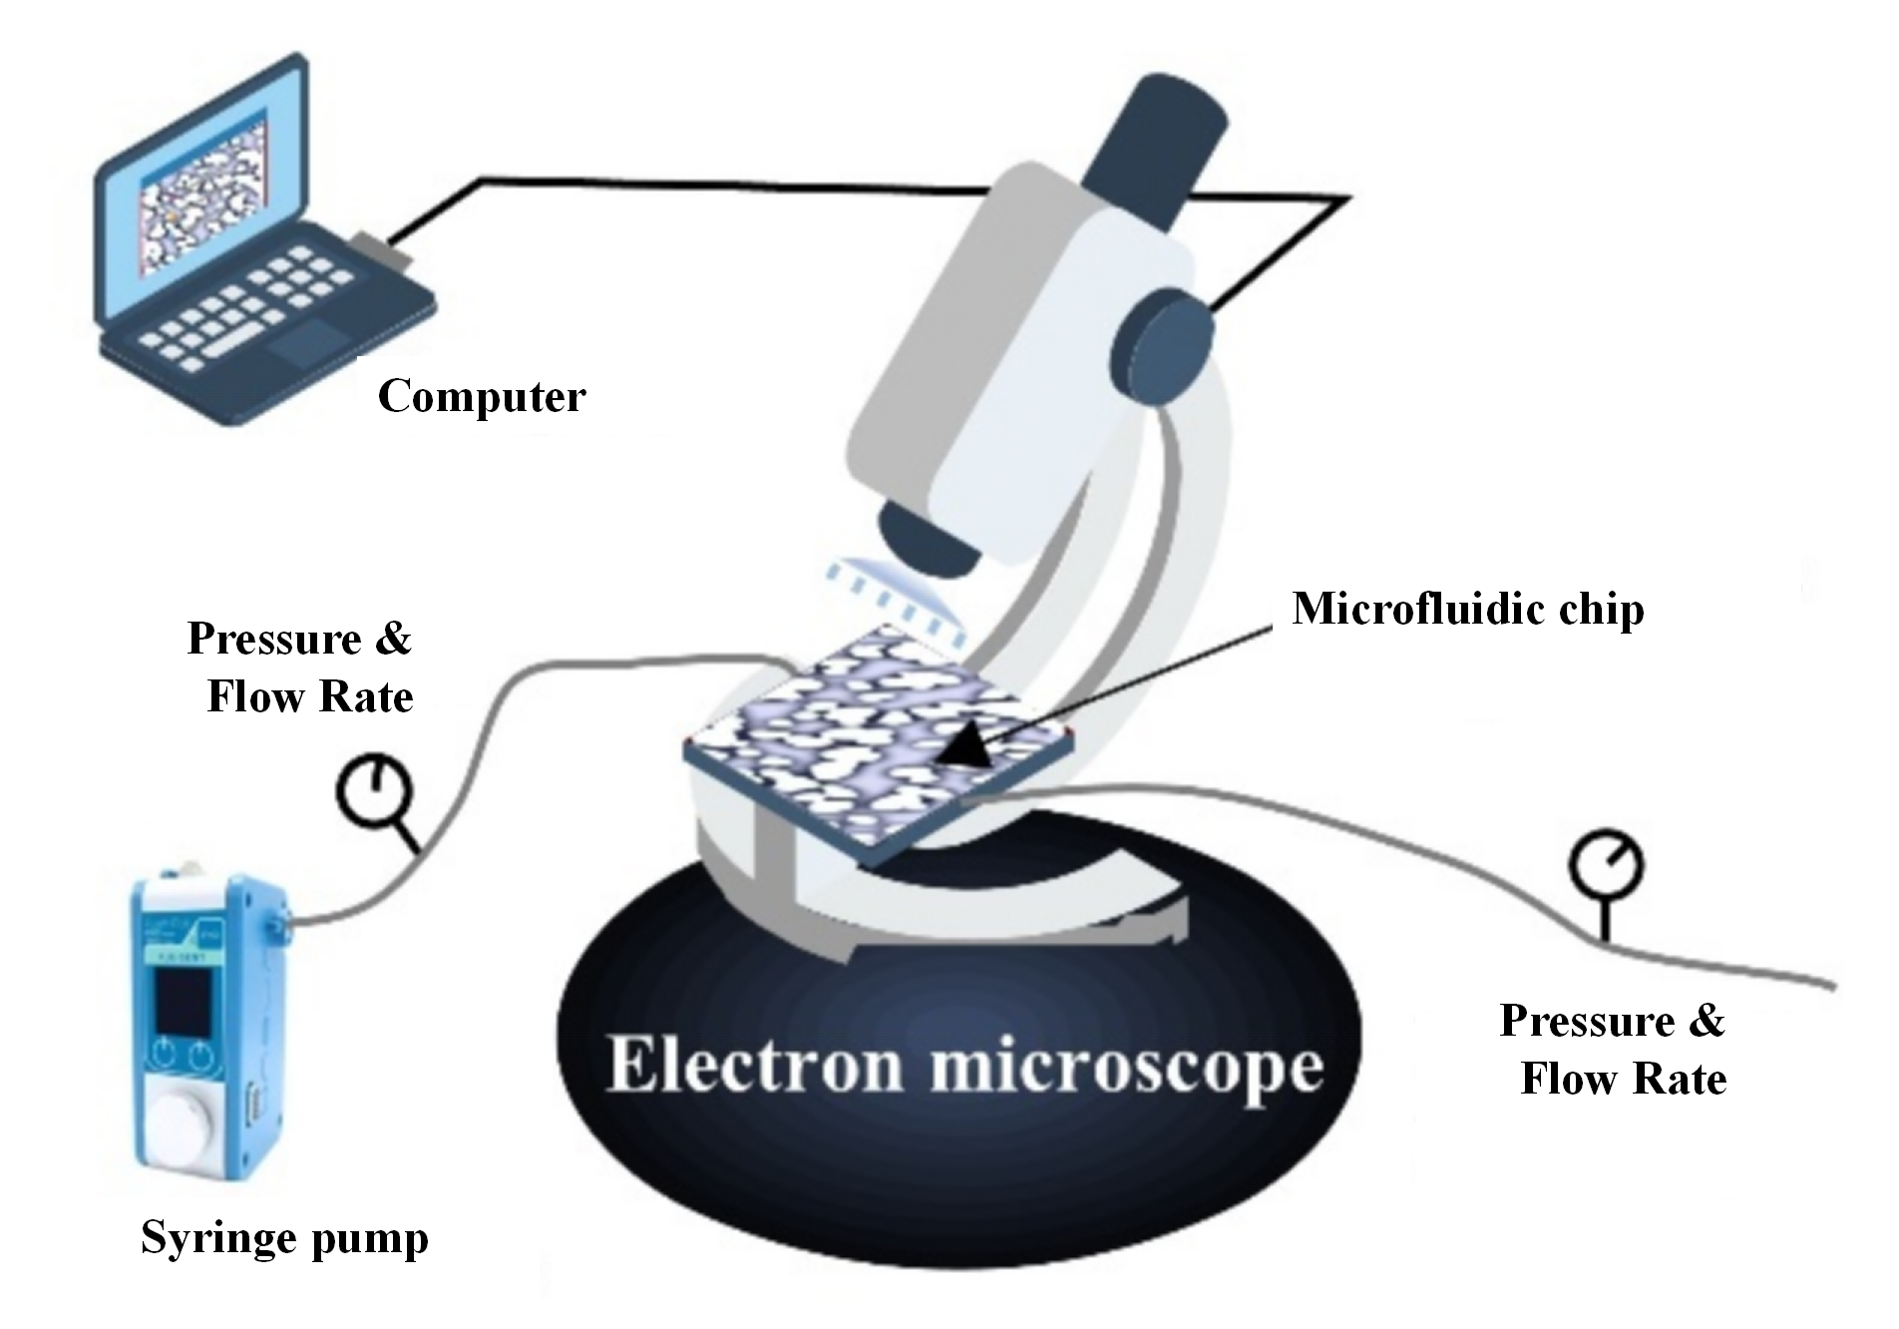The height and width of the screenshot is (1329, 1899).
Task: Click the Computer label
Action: (x=481, y=398)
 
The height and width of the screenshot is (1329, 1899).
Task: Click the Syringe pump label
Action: (x=284, y=1238)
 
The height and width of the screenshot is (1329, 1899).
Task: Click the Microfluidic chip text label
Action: (x=1467, y=610)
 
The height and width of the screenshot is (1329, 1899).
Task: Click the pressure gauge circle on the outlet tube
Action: (x=1606, y=864)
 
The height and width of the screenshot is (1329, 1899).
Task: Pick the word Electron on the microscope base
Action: (x=758, y=1067)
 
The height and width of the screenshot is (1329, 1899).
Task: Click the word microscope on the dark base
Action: (x=1127, y=1069)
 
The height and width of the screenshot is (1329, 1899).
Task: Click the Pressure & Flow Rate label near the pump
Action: (x=301, y=667)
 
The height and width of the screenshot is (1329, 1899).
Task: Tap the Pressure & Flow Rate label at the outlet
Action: (x=1613, y=1050)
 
